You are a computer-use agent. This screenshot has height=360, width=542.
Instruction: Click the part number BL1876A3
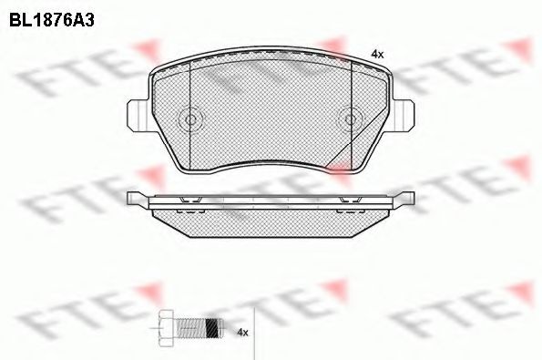(52, 21)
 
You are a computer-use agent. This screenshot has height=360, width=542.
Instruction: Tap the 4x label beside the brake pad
(377, 54)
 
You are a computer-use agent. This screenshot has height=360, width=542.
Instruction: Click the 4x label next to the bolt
(243, 333)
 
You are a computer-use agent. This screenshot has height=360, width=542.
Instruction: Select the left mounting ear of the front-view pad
(138, 115)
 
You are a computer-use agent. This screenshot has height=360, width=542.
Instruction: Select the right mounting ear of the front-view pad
(403, 115)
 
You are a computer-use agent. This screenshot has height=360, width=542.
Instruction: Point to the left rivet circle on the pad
(190, 119)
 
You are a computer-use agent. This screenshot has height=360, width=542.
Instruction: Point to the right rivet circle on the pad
(351, 119)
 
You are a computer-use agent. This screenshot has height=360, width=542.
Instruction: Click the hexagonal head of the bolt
(168, 327)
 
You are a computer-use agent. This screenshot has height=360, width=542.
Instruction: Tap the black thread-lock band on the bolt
(212, 327)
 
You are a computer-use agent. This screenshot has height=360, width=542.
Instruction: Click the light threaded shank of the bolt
(191, 327)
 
